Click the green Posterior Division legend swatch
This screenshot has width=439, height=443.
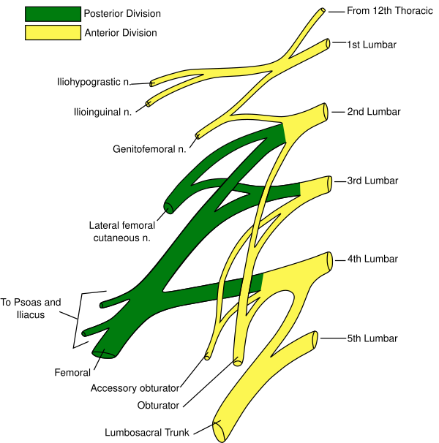[53, 14]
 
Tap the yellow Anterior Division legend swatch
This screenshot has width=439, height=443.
[53, 33]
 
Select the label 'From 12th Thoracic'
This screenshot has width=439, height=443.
[382, 11]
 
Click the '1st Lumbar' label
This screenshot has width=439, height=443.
[372, 45]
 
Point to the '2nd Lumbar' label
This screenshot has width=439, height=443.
[374, 112]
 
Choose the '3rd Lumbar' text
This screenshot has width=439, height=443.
[373, 181]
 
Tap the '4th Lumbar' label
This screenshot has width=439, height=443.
[373, 259]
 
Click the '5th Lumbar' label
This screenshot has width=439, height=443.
[372, 338]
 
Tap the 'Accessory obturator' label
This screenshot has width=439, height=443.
[135, 388]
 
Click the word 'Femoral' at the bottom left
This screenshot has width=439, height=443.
[72, 373]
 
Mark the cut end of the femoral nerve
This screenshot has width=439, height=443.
[103, 354]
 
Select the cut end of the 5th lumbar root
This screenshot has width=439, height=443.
[315, 339]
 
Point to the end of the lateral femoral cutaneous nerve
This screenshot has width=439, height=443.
[169, 208]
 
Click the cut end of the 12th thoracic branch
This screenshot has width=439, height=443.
[322, 12]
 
